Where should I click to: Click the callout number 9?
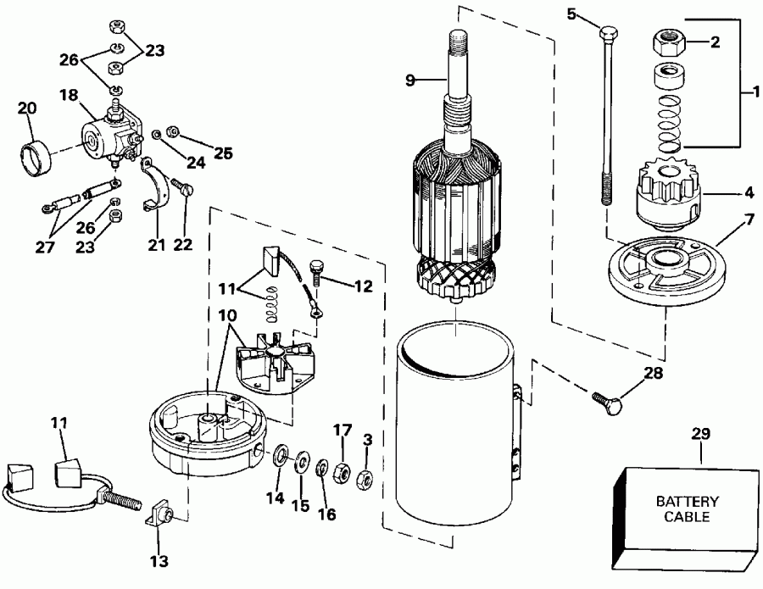pos(410,81)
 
